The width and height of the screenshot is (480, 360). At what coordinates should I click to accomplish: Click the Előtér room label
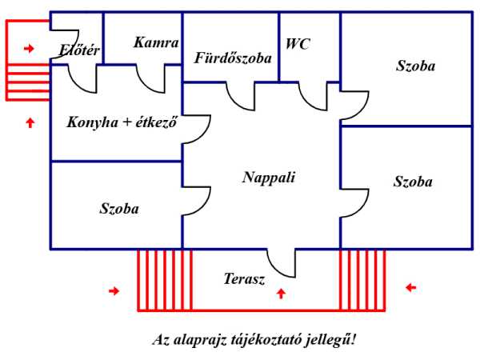[79, 50]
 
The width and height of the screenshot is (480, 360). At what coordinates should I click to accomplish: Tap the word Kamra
[156, 42]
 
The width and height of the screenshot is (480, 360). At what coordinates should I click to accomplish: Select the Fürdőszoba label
[233, 58]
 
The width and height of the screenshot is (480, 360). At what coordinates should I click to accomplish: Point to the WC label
[298, 44]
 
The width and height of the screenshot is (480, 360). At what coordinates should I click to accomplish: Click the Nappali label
[269, 178]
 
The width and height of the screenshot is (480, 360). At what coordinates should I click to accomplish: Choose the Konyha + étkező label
[122, 122]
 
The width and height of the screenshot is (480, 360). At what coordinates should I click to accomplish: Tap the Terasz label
[244, 279]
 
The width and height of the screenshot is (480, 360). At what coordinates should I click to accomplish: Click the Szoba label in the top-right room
[415, 66]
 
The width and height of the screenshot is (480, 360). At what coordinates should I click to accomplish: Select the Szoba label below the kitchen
[119, 209]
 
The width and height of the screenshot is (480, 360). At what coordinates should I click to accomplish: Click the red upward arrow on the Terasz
[281, 294]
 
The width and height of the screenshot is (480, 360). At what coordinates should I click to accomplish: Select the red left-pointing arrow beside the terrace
[411, 287]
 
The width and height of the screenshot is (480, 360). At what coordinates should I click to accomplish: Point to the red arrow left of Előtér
[29, 48]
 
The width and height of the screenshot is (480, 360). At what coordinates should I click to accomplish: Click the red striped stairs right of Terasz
[362, 281]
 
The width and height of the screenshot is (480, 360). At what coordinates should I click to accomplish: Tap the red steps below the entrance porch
[28, 82]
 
